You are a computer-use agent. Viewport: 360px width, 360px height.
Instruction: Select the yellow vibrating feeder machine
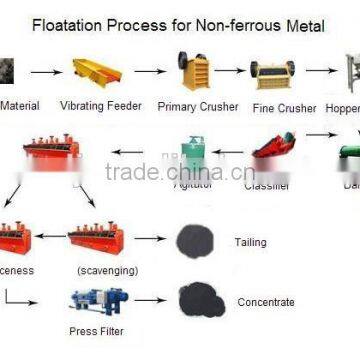97,71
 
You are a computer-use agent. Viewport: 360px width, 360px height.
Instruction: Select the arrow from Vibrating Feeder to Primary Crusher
149,71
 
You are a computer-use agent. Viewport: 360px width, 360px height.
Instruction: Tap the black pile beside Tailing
195,240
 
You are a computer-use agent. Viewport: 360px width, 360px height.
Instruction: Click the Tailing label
250,242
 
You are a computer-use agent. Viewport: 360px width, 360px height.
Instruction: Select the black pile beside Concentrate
196,299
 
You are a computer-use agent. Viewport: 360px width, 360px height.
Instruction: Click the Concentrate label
266,302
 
